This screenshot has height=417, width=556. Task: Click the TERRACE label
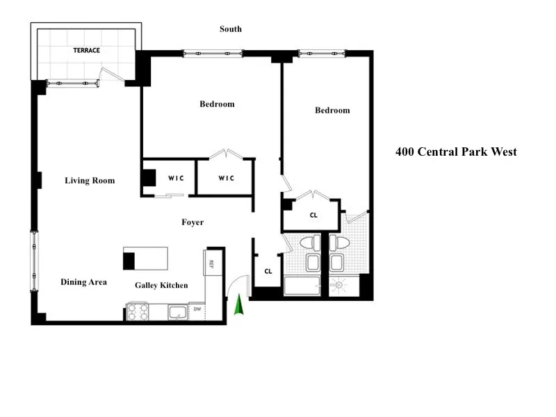coord(87,51)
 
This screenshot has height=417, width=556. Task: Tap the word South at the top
coord(231,29)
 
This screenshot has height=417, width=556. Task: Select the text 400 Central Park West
coord(456,152)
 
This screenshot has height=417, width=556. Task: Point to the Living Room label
coord(90,181)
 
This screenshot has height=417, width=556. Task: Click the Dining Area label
coord(83,282)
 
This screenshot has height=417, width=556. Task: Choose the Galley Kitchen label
coord(161,286)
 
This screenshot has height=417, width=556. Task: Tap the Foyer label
coord(193,222)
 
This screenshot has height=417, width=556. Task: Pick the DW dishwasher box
coord(197,311)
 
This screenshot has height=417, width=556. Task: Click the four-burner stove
coord(137,311)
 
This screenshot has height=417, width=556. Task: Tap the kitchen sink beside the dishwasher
coord(178,311)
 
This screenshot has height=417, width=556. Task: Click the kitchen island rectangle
coord(146,259)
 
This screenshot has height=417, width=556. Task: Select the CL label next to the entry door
coord(268,272)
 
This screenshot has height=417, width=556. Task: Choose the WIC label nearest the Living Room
coord(176,179)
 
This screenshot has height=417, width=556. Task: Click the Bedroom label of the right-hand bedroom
coord(332,111)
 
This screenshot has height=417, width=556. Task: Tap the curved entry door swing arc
coord(236,285)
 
